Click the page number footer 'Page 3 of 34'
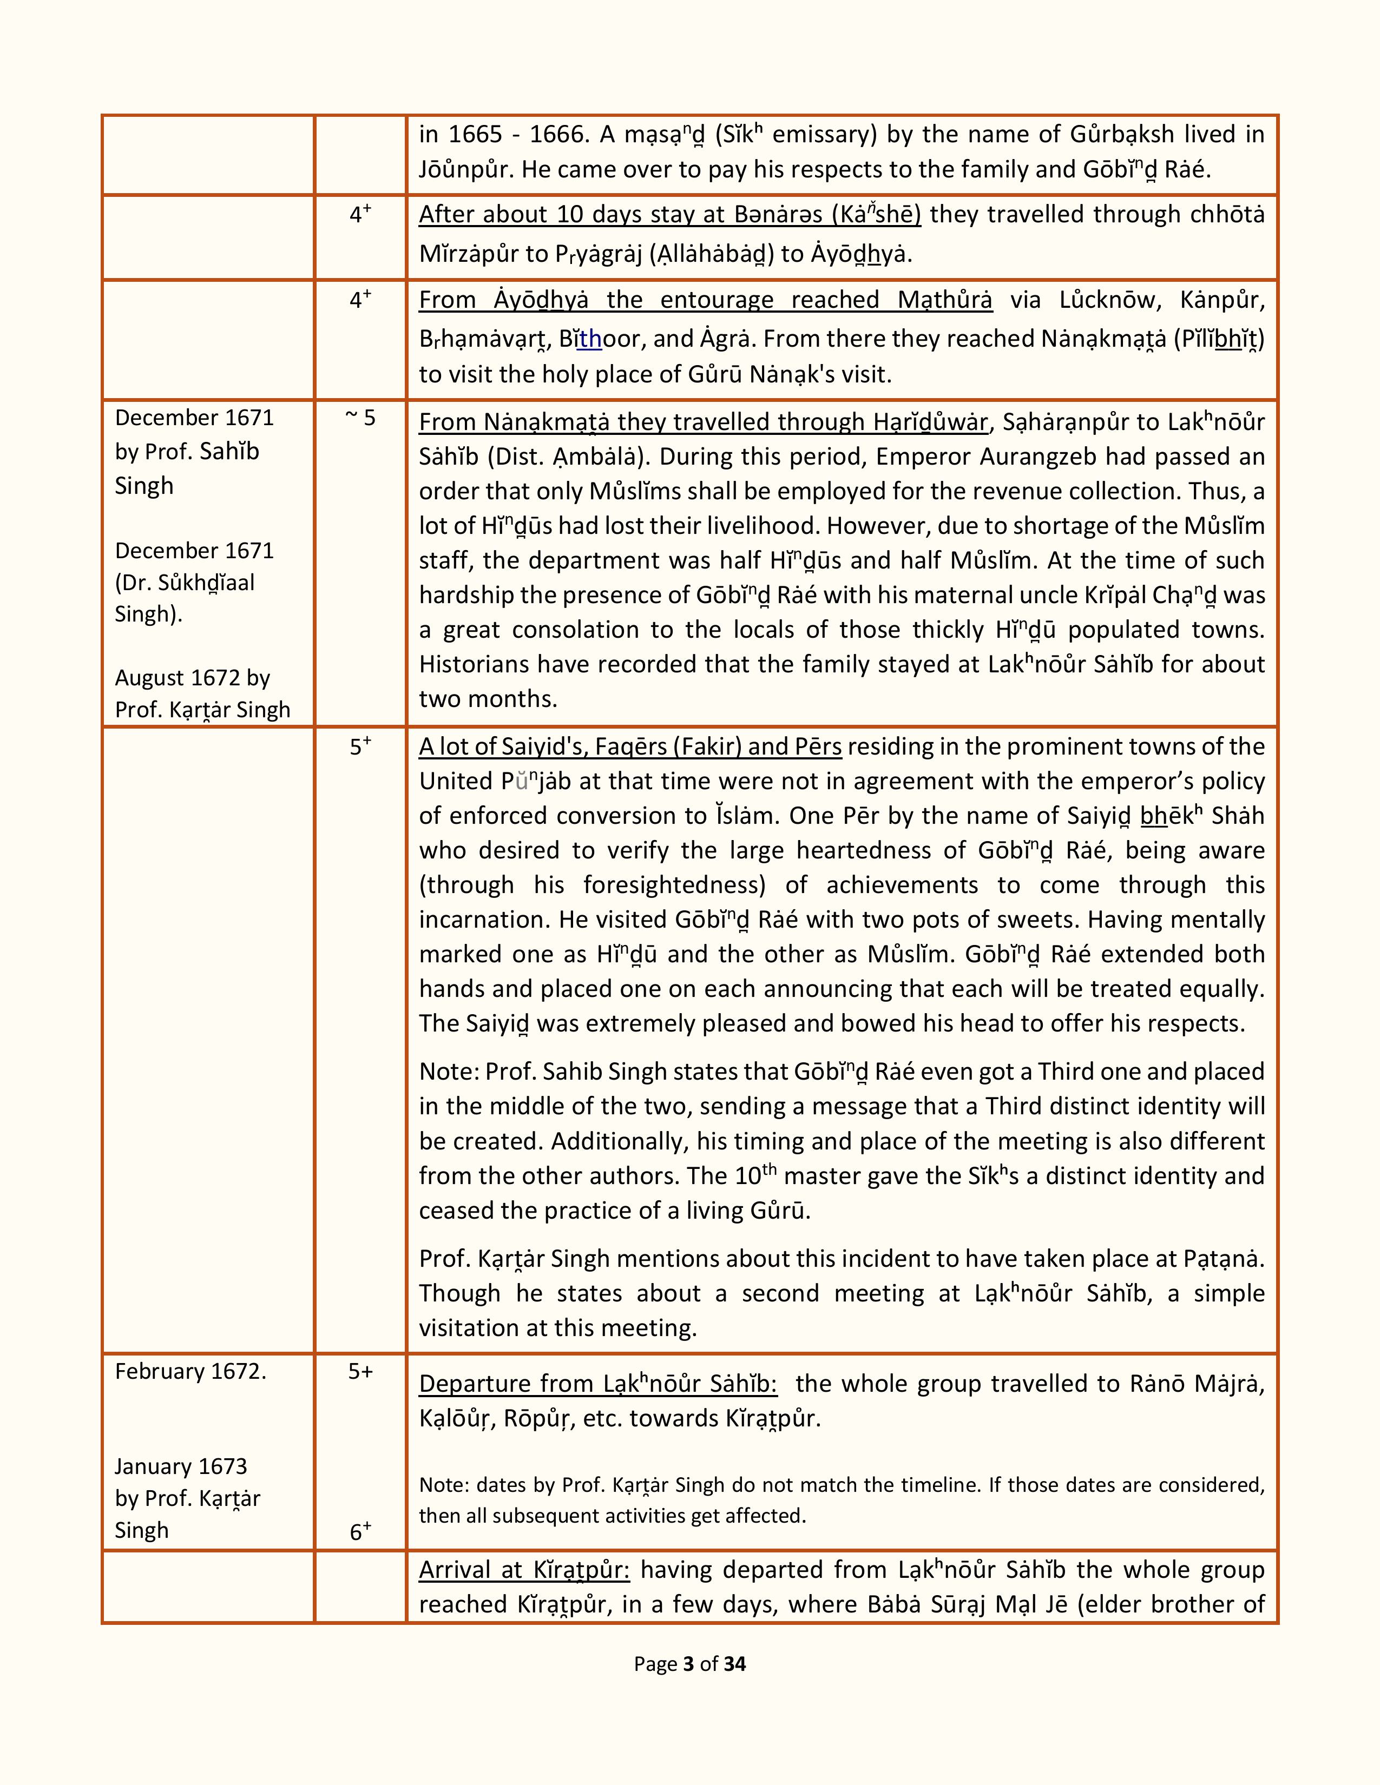click(689, 1664)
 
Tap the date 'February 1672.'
click(190, 1371)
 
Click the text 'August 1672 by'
click(192, 678)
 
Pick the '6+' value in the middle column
click(360, 1532)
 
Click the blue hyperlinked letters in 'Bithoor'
click(589, 339)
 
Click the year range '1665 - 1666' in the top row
click(517, 134)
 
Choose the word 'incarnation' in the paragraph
click(485, 920)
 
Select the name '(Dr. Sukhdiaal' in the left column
click(185, 583)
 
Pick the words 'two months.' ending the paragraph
click(488, 699)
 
